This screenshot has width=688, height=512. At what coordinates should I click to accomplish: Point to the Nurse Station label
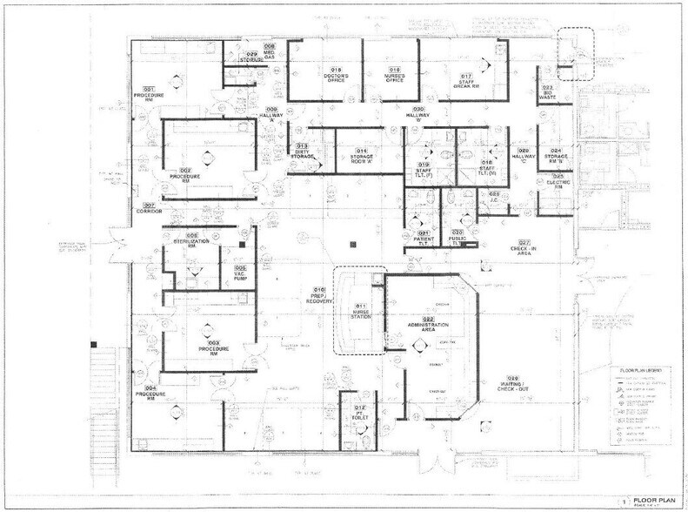coord(359,313)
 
